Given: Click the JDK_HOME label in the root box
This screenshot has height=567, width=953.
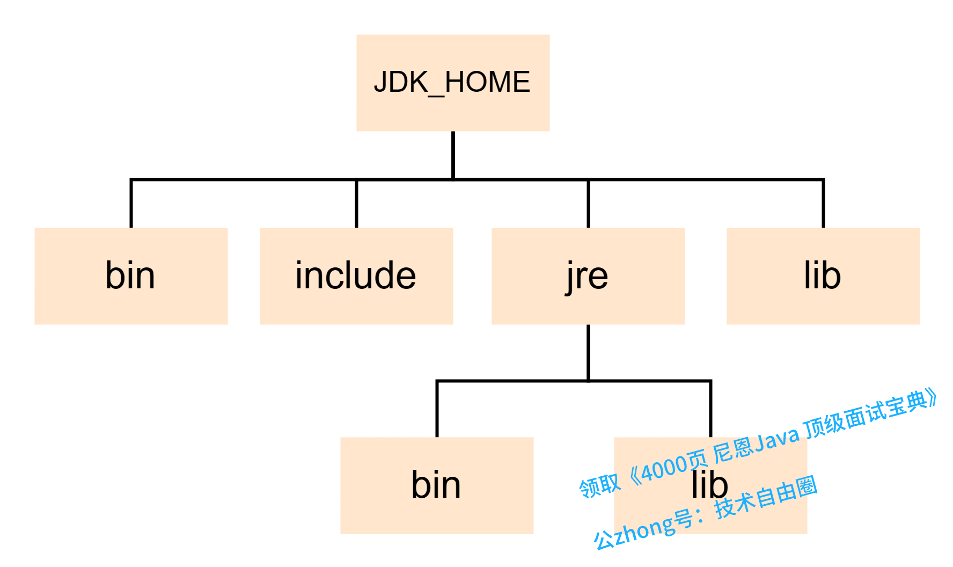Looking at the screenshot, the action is (452, 83).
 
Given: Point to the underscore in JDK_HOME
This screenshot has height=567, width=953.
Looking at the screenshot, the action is (437, 95).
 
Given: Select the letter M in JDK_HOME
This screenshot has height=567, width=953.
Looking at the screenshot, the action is (494, 83).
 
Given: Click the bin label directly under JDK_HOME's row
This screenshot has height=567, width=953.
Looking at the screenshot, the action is (130, 275).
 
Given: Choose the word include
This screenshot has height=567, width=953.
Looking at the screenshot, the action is (356, 275).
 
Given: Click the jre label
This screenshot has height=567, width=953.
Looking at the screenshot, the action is (588, 277).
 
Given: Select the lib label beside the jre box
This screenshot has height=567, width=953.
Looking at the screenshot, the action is (822, 275).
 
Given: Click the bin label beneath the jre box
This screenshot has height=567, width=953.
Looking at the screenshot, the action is (436, 485).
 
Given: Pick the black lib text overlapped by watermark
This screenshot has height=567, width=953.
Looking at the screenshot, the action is (709, 485).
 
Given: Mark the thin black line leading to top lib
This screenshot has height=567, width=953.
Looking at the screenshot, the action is (698, 179).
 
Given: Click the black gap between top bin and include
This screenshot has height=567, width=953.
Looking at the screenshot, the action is (244, 275).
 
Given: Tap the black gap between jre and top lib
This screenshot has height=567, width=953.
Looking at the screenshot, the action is (706, 275).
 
